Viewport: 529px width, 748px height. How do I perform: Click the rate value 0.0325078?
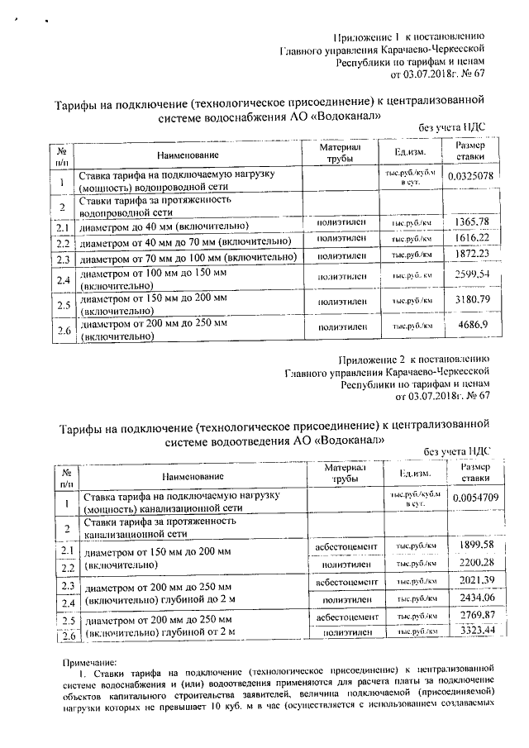(470, 176)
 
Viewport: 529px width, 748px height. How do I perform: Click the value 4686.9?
(472, 326)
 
